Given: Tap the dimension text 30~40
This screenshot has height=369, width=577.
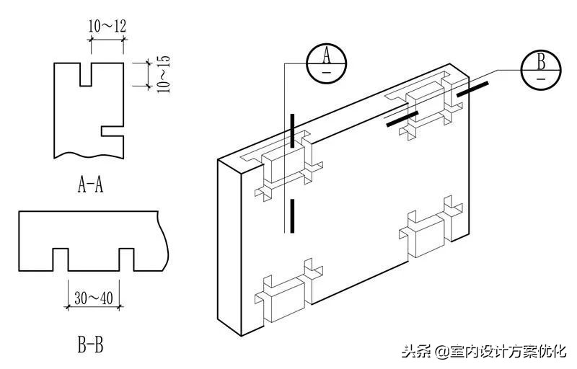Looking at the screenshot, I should point(93,295).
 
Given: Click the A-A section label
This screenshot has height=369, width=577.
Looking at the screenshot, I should point(90,185).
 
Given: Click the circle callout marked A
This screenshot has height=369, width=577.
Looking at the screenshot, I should point(326,63).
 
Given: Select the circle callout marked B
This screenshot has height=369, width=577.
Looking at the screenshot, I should point(541,70).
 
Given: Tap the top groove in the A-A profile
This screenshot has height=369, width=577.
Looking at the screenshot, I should point(85,74).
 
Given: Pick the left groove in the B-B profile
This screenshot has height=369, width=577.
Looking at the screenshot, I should point(60,259).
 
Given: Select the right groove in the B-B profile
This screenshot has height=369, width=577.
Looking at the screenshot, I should point(127,259).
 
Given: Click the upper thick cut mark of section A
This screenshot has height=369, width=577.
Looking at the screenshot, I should point(292,130).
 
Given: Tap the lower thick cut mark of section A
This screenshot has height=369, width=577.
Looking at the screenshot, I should point(292,216).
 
